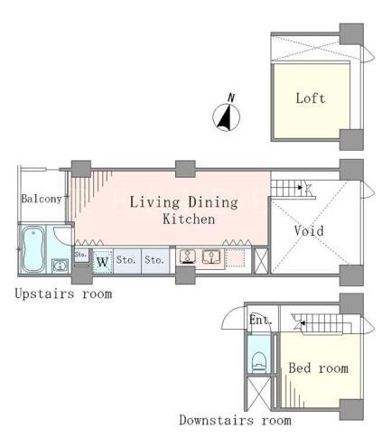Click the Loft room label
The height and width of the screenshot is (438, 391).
(311, 98)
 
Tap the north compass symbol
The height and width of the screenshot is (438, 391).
(227, 117)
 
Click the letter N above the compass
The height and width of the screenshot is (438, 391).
(231, 98)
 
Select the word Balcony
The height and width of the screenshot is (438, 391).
(42, 199)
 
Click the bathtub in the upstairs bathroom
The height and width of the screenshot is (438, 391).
(33, 249)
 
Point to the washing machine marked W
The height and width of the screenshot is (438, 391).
(102, 262)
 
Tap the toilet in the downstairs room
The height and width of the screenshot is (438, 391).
(259, 362)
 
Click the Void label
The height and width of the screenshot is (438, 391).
(309, 231)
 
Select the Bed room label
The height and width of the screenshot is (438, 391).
(319, 368)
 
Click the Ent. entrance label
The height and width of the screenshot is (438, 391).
(260, 320)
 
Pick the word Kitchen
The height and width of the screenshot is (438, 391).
(189, 219)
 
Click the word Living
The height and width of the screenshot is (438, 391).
(154, 202)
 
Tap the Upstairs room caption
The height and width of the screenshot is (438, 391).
(63, 294)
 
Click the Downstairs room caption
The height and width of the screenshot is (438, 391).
(236, 420)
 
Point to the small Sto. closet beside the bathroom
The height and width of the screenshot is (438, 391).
(80, 255)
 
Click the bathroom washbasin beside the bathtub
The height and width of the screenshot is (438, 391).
(61, 266)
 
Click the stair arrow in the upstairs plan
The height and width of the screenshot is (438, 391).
(300, 188)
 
